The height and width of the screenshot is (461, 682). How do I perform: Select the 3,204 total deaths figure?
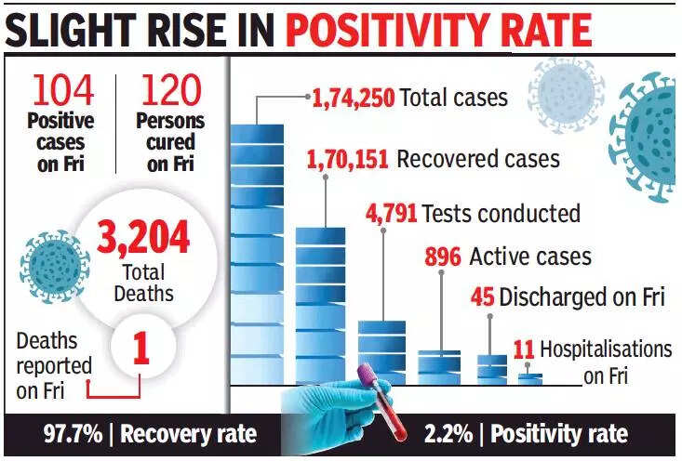(145, 240)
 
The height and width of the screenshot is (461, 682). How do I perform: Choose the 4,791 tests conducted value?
(392, 213)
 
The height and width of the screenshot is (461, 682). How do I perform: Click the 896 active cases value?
(443, 256)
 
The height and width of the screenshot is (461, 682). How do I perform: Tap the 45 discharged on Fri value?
(482, 298)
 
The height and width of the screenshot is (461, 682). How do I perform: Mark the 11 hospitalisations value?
(524, 350)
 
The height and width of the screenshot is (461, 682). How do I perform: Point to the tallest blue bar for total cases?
(257, 251)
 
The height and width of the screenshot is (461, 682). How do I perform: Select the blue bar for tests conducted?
(381, 349)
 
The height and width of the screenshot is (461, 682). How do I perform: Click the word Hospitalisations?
(606, 350)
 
